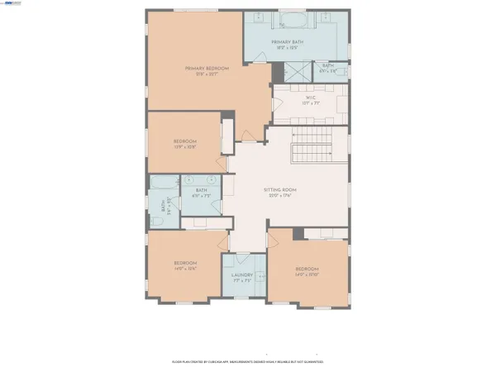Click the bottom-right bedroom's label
pos(306,269)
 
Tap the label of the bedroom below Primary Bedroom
pos(184,141)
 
